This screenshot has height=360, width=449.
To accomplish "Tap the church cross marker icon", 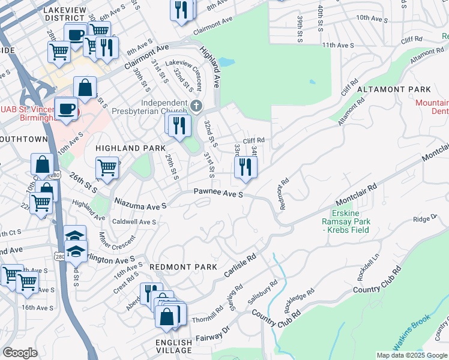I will click(x=196, y=106).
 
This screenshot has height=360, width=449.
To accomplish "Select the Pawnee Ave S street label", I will click(x=218, y=194).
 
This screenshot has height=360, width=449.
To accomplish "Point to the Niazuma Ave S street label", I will click(x=139, y=205).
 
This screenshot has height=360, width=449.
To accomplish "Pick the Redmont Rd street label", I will click(x=284, y=191).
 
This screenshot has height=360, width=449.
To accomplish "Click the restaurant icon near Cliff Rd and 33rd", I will click(x=245, y=167).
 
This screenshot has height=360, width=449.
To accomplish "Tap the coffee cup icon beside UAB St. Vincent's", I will click(x=66, y=109).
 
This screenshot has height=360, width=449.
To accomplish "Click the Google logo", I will click(x=20, y=353).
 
